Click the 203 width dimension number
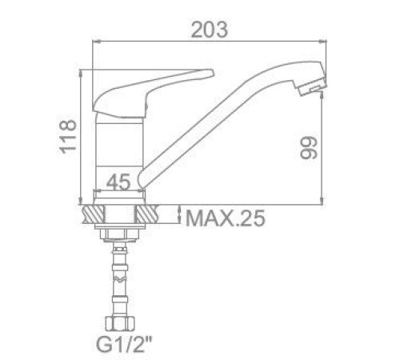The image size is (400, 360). pyautogui.click(x=210, y=30)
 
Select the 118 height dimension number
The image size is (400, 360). pyautogui.click(x=68, y=137)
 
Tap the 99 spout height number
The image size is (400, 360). pyautogui.click(x=309, y=148)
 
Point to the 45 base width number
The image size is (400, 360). pyautogui.click(x=118, y=182)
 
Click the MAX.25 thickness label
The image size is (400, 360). pyautogui.click(x=226, y=218)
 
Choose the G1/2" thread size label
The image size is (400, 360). pyautogui.click(x=124, y=344)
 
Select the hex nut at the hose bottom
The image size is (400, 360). pyautogui.click(x=120, y=323)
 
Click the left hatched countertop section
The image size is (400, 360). pyautogui.click(x=94, y=214)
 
